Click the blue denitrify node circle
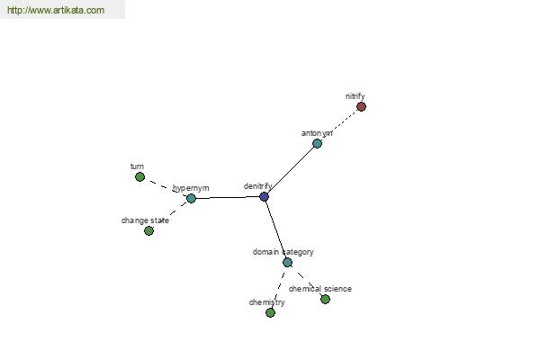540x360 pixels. coord(264,197)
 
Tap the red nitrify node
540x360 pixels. coord(361,107)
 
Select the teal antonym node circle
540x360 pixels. coord(317,143)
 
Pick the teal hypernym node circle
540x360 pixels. coord(191,198)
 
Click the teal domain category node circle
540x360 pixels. coord(288,263)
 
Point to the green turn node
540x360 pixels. coord(139,177)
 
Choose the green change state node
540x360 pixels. coord(148,230)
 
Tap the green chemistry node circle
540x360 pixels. coord(270,313)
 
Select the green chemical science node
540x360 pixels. coord(325,300)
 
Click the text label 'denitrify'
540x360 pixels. coord(258,186)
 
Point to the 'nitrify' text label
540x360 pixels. coord(355,96)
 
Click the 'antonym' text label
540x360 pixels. coord(317,133)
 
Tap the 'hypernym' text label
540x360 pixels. coord(191,188)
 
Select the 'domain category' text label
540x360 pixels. coord(283,252)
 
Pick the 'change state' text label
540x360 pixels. coord(145,220)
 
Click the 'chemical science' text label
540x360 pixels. coord(320,289)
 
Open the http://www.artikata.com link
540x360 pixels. coord(56,10)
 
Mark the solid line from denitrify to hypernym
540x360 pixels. coord(228,197)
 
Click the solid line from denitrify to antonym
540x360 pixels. coord(291,170)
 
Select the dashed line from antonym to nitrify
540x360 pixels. coord(339,125)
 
